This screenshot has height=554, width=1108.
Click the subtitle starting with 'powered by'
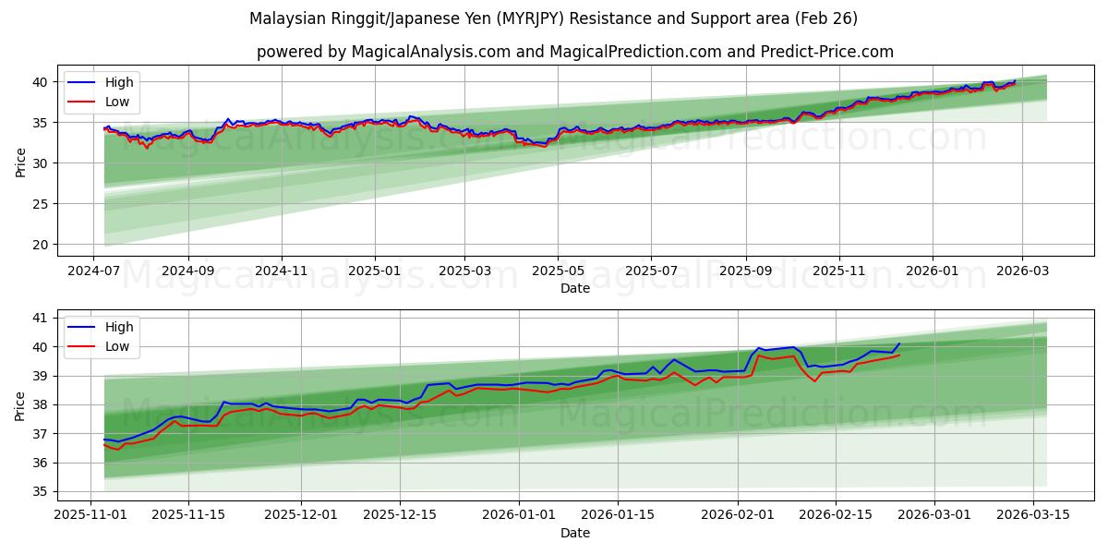574,52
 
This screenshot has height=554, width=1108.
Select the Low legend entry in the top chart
117,102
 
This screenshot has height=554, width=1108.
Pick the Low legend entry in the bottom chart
117,346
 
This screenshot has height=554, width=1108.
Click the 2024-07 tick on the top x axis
93,272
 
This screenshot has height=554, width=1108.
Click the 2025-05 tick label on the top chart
558,272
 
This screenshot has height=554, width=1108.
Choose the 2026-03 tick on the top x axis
1021,272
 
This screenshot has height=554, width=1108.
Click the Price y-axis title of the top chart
20,163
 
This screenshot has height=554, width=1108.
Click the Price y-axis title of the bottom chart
20,406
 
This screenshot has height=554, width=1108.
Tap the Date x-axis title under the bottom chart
574,533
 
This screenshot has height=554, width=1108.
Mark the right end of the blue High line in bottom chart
899,343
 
